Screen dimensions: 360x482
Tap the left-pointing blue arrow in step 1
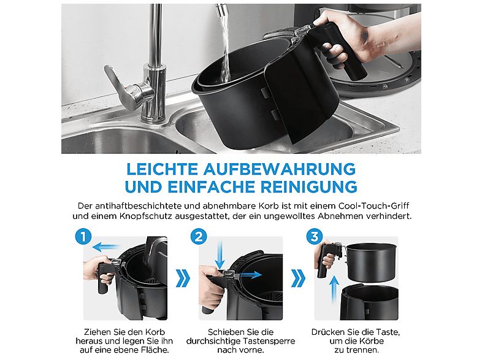tap(107, 247)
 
